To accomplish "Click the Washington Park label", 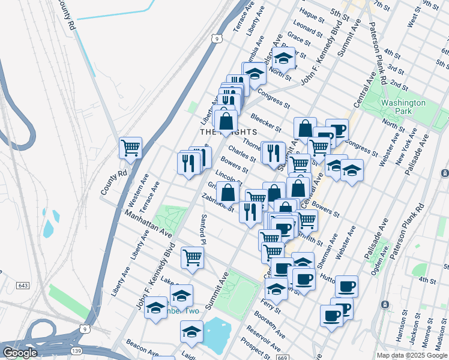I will point(403,107).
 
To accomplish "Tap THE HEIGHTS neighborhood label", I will point(228,131).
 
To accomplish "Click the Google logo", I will point(20,353).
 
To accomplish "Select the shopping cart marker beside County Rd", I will point(130,146).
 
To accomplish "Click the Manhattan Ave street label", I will point(140,221).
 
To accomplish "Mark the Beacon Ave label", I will point(142,350).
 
